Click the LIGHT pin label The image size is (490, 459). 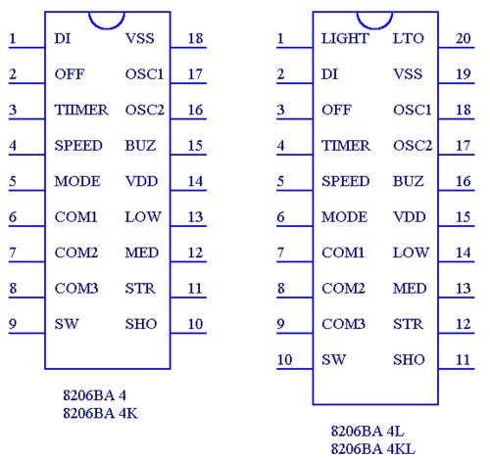pos(345,38)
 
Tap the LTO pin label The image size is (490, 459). pos(408,38)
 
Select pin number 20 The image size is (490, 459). pos(464,38)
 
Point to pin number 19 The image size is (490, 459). pos(464,74)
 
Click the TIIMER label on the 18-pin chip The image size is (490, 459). pos(81,110)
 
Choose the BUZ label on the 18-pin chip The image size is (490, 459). pos(140,146)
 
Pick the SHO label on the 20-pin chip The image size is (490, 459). pos(409,359)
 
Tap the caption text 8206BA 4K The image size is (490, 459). pos(100,413)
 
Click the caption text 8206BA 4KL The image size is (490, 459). pos(372,449)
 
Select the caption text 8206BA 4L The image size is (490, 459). pos(367,432)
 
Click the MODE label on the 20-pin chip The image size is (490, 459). pos(344,217)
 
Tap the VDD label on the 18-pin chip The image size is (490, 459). pos(141,181)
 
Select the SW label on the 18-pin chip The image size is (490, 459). pos(67,324)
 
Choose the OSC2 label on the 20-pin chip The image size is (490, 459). pos(413,146)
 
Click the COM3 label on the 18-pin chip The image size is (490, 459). pos(76,289)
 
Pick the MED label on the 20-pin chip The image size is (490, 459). pos(410,289)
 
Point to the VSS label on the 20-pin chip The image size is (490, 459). pos(408,74)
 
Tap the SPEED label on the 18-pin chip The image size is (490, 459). pos(78,146)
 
